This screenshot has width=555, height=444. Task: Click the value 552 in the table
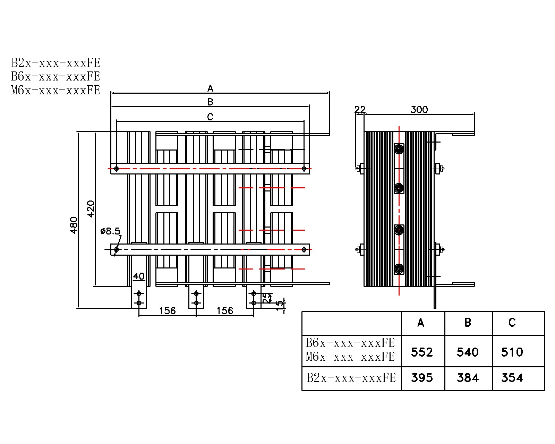point(422,352)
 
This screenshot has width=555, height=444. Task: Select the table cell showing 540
point(468,352)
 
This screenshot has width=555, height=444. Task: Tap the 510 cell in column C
point(512,352)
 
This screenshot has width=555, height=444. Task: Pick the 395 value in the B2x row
point(422,377)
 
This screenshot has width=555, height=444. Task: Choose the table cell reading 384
point(468,377)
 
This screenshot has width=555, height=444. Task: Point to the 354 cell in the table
point(512,377)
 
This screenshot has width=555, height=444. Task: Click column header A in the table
point(421,323)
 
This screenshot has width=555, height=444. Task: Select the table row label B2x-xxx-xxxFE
point(351,378)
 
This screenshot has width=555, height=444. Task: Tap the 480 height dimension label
point(74,225)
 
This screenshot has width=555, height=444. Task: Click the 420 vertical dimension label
point(91,208)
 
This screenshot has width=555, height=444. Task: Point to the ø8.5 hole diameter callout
point(110,231)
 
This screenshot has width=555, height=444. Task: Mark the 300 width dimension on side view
point(419,110)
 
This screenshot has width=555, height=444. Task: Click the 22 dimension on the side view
point(360,110)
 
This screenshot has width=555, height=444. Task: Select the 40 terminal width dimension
point(139,276)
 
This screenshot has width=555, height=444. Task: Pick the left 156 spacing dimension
point(167,310)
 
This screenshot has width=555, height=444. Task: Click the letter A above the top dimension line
point(210,89)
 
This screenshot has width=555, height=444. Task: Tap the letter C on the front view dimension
point(210,117)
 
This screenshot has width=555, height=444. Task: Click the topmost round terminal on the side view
point(399,150)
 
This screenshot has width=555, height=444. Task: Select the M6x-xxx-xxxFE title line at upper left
point(55,90)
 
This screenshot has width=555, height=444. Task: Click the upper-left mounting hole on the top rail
point(117,169)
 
